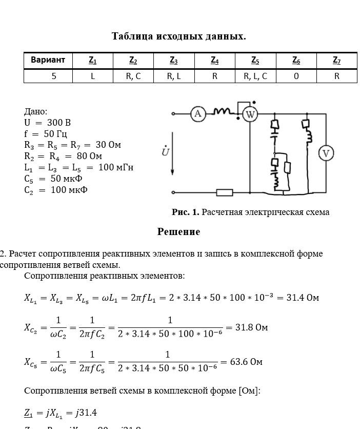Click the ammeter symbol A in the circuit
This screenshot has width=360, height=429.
tap(198, 114)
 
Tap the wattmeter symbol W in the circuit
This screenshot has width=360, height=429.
tap(250, 114)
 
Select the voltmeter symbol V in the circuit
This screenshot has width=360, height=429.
tap(326, 153)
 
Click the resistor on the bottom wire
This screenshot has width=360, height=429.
tap(225, 192)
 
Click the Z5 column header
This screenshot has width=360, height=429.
tap(255, 61)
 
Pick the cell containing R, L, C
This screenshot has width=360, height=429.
tap(255, 76)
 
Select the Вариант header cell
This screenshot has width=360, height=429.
tap(48, 61)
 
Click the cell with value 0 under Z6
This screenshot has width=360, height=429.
tap(296, 76)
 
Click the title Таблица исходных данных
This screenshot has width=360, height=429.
tap(179, 36)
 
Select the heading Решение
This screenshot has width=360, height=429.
tap(178, 232)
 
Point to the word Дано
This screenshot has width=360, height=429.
tap(35, 111)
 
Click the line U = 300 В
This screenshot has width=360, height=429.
tap(47, 123)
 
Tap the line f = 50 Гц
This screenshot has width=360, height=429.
tap(46, 134)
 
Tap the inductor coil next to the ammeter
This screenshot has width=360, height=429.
tap(222, 111)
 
